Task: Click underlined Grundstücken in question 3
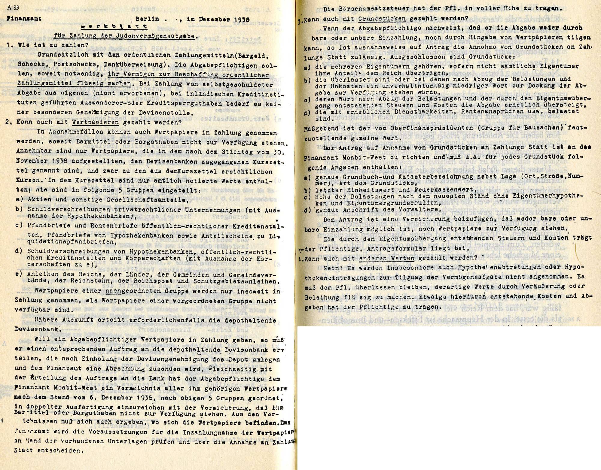click(382, 19)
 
